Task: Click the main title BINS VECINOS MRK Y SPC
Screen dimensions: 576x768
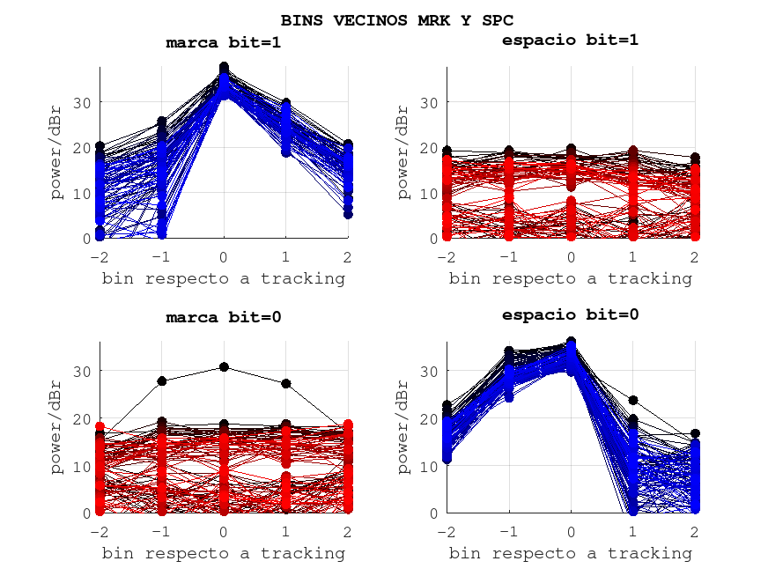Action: click(x=396, y=19)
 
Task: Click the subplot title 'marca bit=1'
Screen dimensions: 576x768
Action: click(x=223, y=42)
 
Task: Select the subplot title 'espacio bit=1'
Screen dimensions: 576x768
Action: click(x=570, y=40)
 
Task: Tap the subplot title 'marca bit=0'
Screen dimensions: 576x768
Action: click(x=223, y=317)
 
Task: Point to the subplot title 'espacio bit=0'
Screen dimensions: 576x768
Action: click(x=570, y=314)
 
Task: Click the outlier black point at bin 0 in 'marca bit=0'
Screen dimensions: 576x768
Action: click(x=224, y=366)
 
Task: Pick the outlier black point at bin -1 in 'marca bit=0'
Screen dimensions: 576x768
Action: click(x=162, y=380)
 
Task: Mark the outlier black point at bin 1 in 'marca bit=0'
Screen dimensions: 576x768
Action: click(x=285, y=383)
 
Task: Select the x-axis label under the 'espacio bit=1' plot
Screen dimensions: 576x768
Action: click(x=570, y=278)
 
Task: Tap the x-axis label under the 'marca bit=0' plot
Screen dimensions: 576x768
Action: click(x=223, y=553)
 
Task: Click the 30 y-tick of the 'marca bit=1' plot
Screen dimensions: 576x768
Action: click(x=83, y=102)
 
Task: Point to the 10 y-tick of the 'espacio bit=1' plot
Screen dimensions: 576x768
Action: click(x=430, y=193)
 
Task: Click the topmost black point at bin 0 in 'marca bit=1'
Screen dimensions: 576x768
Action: click(x=224, y=67)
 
